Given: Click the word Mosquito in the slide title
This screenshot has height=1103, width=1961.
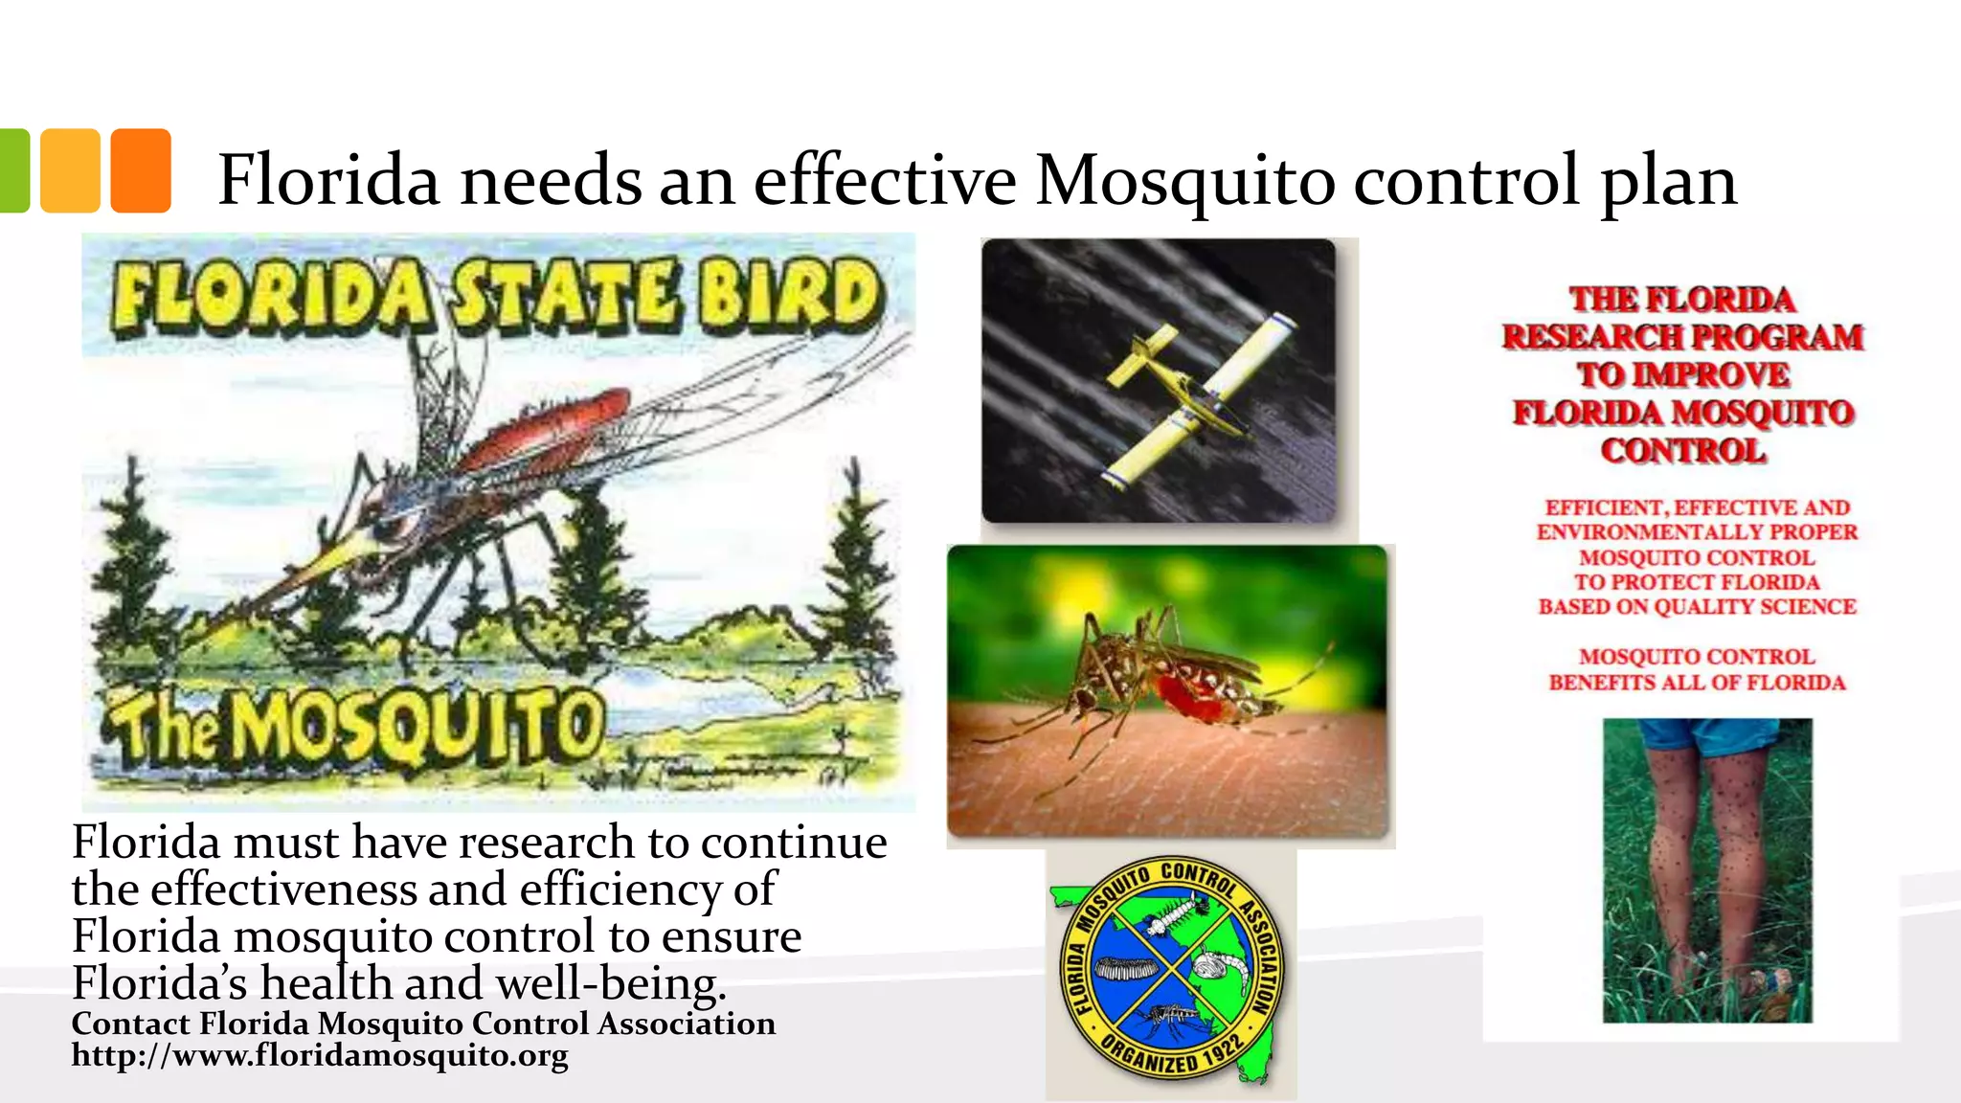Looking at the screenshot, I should coord(1184,180).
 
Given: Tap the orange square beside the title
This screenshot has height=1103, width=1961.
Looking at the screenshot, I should coord(141,170).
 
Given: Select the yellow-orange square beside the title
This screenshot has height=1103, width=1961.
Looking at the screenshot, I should coord(70,170).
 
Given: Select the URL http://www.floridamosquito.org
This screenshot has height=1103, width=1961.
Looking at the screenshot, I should coord(320,1055).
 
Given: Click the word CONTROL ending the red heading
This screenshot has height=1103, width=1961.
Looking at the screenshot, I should coord(1682,451).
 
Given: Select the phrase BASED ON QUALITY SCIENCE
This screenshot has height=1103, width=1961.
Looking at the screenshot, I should coord(1697,607).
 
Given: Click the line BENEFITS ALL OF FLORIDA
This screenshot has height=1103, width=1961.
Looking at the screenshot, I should coord(1697,683).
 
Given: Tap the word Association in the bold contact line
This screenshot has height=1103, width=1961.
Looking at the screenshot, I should coord(687,1024).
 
